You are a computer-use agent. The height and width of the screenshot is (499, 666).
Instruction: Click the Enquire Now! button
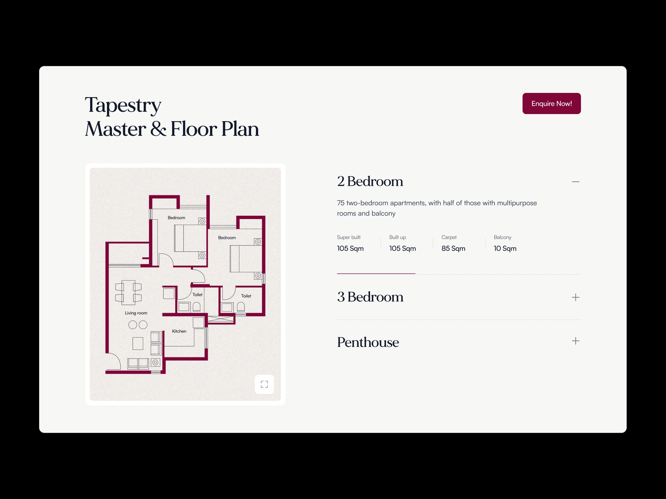point(552,103)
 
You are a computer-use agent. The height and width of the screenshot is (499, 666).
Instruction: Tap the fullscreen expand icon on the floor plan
point(264,384)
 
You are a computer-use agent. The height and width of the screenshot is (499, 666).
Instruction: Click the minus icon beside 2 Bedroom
point(576,182)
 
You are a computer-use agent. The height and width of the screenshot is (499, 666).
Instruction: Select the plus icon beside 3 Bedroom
point(576,297)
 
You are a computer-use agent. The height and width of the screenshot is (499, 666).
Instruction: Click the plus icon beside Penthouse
point(576,341)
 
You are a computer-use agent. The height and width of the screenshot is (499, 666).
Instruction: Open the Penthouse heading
point(368,342)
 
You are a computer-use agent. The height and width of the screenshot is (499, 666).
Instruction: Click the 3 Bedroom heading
point(370,297)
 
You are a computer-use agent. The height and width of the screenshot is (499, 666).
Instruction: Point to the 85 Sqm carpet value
point(453,249)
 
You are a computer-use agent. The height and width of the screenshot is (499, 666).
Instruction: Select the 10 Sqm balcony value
point(505,249)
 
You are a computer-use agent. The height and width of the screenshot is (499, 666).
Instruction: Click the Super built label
point(349,237)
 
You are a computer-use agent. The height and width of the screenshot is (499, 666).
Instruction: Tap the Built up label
point(397,237)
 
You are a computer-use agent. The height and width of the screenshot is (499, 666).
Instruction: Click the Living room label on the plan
point(136,313)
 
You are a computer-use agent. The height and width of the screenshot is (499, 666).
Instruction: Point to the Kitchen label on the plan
point(179,331)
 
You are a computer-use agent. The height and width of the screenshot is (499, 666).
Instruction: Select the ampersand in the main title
point(158,129)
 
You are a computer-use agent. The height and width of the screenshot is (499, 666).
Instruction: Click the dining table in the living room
point(128,292)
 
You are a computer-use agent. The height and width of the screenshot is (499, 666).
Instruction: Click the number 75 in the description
point(340,203)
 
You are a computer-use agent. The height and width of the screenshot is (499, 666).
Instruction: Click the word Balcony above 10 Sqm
point(502,237)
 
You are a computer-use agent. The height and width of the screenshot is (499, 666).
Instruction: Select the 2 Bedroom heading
point(370,181)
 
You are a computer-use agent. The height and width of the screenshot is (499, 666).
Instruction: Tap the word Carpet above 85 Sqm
point(449,237)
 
